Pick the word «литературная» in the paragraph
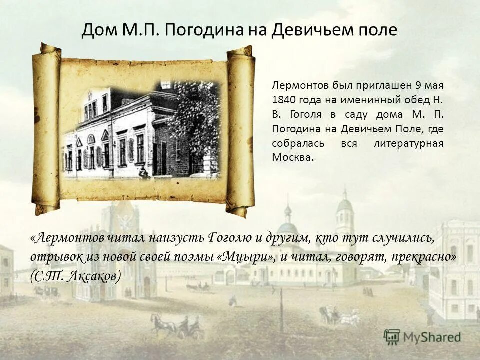408,143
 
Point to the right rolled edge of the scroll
240,130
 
